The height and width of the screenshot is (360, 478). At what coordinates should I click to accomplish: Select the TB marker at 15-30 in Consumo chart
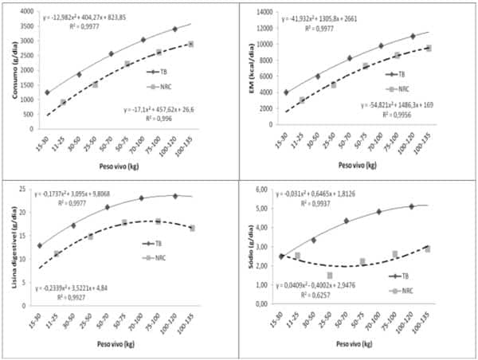[x=47, y=92]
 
